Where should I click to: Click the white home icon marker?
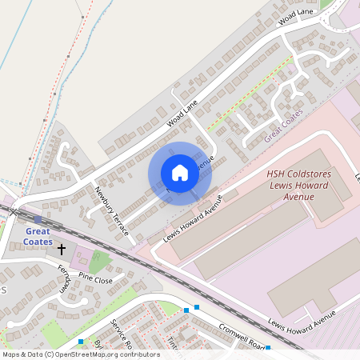tap(180, 172)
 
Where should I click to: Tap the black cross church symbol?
tap(62, 250)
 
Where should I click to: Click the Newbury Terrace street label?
tap(112, 210)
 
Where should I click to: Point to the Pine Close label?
tap(96, 281)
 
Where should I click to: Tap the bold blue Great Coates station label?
tap(38, 236)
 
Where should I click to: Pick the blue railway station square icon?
tap(38, 218)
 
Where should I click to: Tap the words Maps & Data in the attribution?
tap(22, 354)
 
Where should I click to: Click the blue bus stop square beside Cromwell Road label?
tap(268, 348)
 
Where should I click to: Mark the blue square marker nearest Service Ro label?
tap(81, 342)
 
